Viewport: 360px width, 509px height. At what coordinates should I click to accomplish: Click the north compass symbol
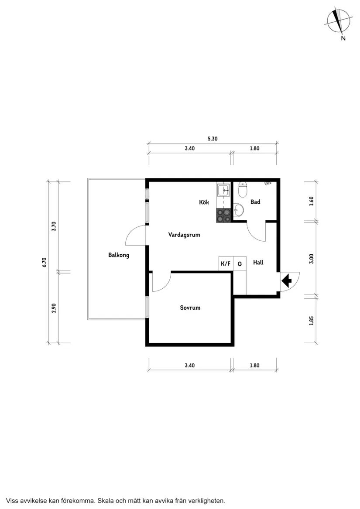[339, 20]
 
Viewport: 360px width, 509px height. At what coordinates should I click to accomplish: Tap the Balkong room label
[118, 255]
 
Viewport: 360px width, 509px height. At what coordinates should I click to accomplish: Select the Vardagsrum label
[184, 235]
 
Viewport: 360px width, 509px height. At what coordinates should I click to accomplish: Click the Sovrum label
[190, 307]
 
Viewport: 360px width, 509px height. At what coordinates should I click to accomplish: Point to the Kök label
[204, 202]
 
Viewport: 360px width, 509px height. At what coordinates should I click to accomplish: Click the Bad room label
[255, 202]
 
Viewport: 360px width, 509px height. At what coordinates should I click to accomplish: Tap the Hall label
[258, 263]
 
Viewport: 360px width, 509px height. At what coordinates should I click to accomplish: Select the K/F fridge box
[226, 264]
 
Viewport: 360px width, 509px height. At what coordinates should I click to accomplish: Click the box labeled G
[240, 264]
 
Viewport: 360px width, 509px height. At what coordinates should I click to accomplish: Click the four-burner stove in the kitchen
[223, 216]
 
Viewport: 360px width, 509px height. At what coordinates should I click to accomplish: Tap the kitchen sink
[223, 190]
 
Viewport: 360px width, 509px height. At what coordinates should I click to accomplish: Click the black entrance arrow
[287, 281]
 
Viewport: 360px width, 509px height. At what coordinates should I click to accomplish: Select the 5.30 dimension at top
[213, 139]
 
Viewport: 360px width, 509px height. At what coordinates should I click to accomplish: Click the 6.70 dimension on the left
[44, 262]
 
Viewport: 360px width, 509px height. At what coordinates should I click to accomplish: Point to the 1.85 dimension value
[311, 320]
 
